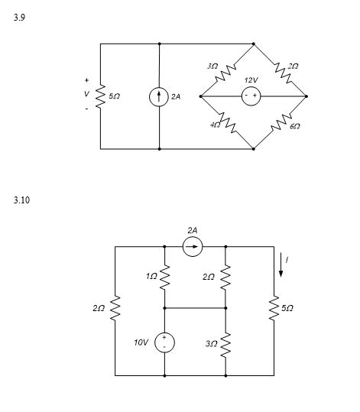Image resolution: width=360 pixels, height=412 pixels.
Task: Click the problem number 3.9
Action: (x=19, y=17)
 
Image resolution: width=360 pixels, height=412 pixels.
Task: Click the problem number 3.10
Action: (x=21, y=200)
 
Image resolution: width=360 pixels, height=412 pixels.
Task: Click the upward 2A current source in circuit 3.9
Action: (x=159, y=96)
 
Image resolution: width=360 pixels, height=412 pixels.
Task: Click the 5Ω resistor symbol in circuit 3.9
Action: (x=101, y=96)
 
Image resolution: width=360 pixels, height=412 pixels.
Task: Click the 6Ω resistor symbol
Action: (x=281, y=120)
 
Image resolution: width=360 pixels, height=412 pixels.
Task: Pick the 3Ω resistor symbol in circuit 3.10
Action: (x=226, y=342)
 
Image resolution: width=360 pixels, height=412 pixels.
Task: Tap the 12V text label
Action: (x=251, y=79)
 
